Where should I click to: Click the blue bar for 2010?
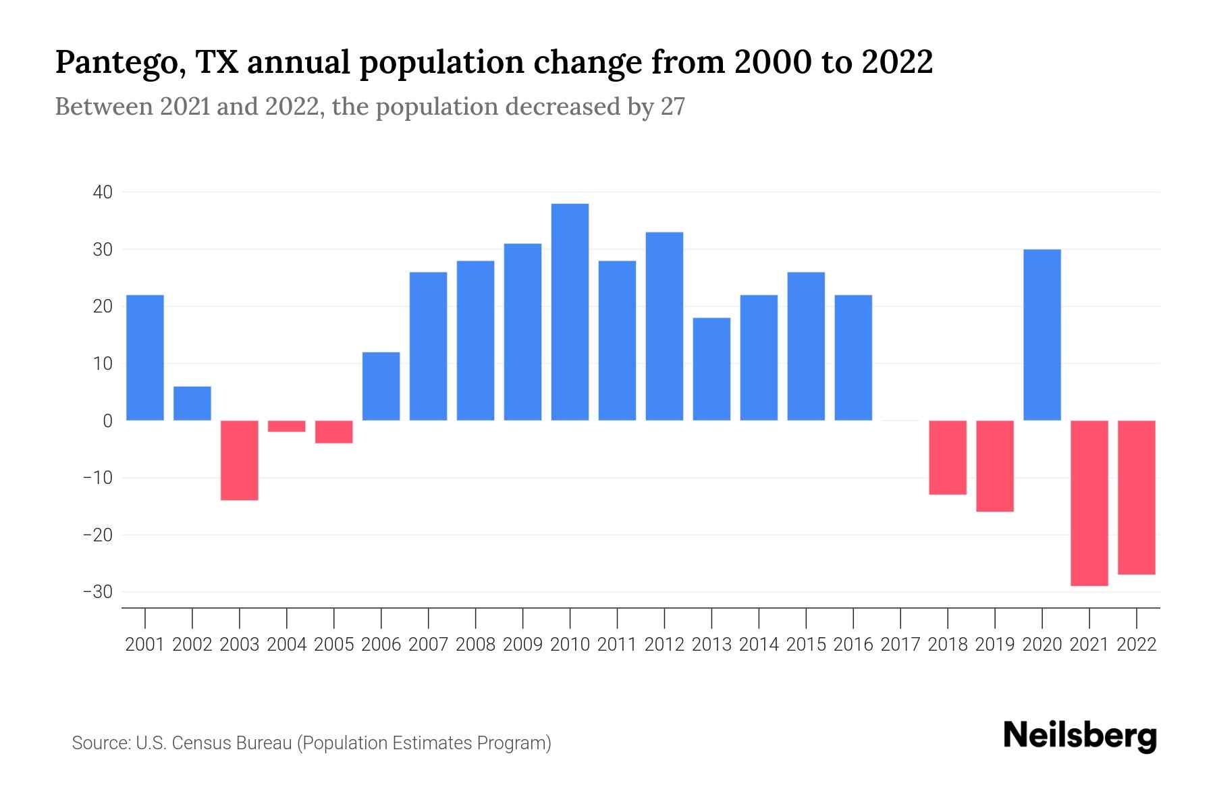570,312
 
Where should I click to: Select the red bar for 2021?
1089,503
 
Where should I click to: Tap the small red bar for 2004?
287,426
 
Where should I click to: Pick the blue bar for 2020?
1042,335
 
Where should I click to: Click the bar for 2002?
192,404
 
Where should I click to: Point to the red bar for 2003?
240,460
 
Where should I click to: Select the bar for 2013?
711,369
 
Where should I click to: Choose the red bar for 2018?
948,457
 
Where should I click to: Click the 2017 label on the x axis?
900,645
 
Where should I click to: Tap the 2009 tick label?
522,645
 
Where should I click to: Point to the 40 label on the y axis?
103,192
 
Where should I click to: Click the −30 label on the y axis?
98,592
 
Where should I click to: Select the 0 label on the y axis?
107,421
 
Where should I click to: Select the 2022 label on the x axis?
1137,645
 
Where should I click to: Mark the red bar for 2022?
1137,497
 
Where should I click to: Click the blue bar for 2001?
145,358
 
